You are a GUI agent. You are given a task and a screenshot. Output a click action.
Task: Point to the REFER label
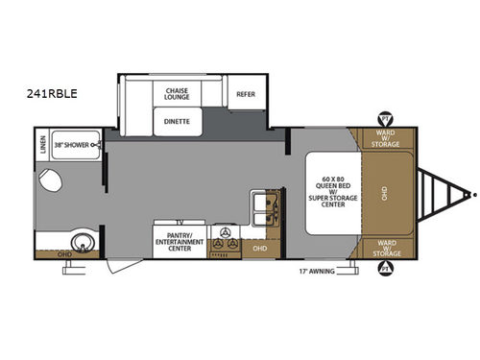click(x=246, y=94)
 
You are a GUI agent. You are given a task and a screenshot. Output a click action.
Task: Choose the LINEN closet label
click(x=42, y=147)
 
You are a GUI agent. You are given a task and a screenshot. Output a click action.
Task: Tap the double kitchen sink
click(x=264, y=204)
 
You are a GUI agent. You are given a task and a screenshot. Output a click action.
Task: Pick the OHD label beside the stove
click(x=260, y=249)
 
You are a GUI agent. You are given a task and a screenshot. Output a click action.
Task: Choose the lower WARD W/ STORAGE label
click(x=387, y=247)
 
